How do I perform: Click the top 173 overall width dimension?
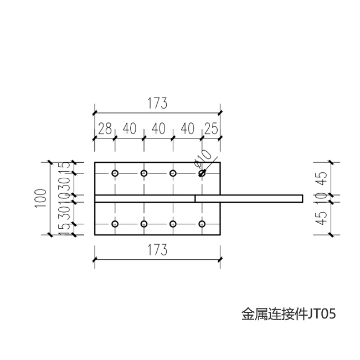(x=157, y=104)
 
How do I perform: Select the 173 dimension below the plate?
(x=157, y=250)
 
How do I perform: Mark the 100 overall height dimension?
(x=40, y=198)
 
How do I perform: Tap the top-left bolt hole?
(x=115, y=173)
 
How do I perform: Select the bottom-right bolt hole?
(x=202, y=224)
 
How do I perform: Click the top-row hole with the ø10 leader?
(x=202, y=173)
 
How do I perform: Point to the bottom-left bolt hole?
(x=115, y=224)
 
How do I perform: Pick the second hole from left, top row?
(x=144, y=173)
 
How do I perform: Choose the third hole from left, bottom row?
(x=173, y=224)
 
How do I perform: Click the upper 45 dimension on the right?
(x=324, y=178)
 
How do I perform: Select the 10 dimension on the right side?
(x=324, y=198)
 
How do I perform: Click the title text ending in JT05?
(x=289, y=314)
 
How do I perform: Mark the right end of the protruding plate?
(x=302, y=198)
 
